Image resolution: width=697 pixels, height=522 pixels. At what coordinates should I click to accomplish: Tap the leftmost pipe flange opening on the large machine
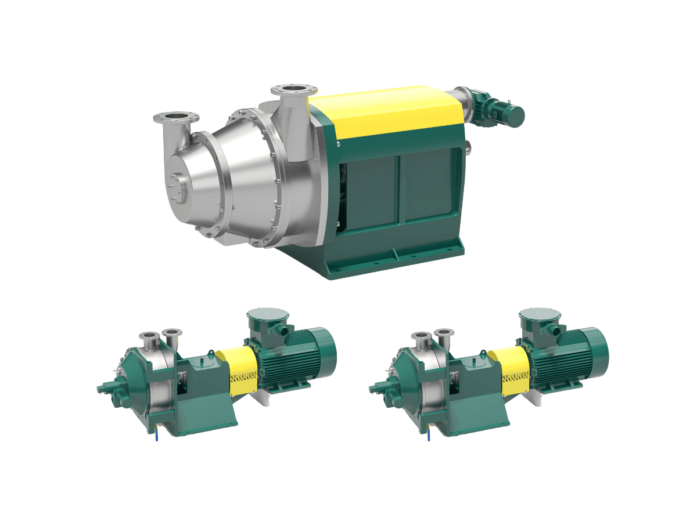[176, 118]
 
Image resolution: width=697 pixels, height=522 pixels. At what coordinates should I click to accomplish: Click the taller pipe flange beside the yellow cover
[294, 91]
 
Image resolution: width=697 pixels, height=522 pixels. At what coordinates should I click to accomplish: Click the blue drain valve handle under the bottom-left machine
[156, 434]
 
